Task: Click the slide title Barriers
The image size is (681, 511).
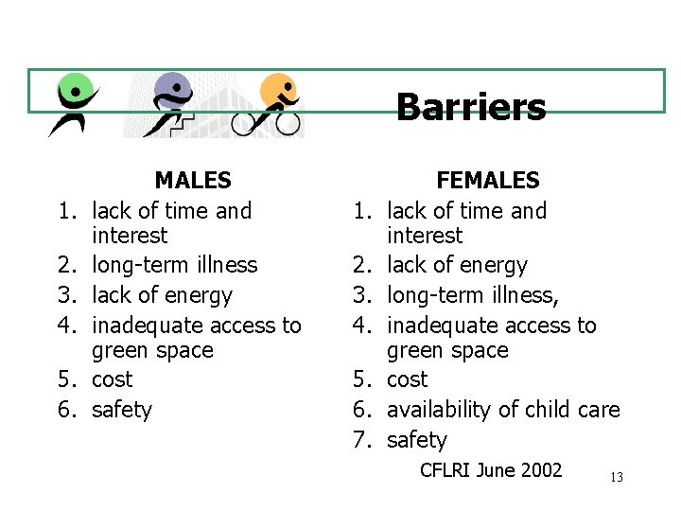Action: coord(470,107)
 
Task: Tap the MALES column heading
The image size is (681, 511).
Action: coord(193,180)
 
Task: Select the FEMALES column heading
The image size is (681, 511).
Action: coord(487,180)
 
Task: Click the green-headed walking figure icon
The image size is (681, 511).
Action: coord(74,104)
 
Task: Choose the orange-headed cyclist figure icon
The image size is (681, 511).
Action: coord(273,104)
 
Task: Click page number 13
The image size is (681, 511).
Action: coord(617,478)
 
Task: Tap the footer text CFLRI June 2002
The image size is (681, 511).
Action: coord(491,470)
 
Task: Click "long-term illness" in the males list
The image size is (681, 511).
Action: coord(174,265)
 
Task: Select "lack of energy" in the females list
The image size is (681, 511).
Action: coord(457,265)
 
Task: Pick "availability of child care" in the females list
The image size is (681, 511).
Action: coord(503,410)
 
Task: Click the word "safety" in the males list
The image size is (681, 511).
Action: coord(121,410)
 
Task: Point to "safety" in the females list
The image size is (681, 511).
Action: coord(416,440)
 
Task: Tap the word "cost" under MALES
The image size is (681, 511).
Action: coord(112,379)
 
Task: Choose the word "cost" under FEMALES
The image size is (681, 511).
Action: coord(407,379)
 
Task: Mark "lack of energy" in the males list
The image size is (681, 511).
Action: coord(162,295)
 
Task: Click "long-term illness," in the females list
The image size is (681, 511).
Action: coord(473,295)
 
